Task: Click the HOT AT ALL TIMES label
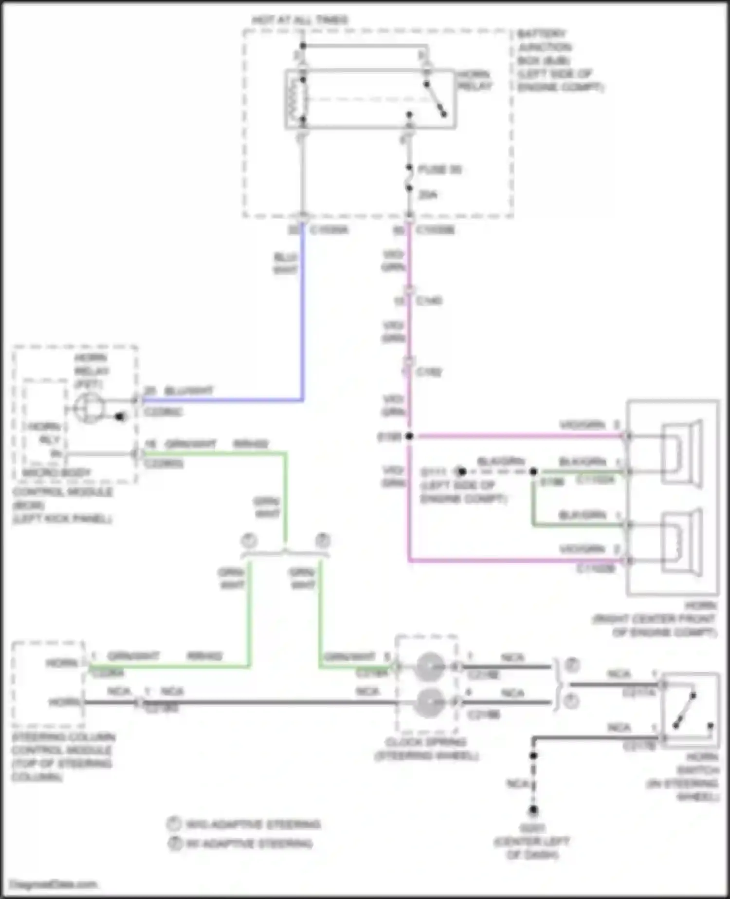(x=300, y=20)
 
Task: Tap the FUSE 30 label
(x=439, y=169)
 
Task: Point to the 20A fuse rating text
(x=428, y=195)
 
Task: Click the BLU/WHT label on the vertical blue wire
(x=285, y=263)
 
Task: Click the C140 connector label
(x=429, y=300)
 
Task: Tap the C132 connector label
(x=429, y=372)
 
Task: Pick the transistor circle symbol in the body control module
(x=89, y=408)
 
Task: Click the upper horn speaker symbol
(x=681, y=454)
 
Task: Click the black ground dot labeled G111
(x=461, y=471)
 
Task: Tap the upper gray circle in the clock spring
(x=430, y=666)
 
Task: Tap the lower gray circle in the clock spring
(x=430, y=702)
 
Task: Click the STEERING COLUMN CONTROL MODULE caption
(x=63, y=756)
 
